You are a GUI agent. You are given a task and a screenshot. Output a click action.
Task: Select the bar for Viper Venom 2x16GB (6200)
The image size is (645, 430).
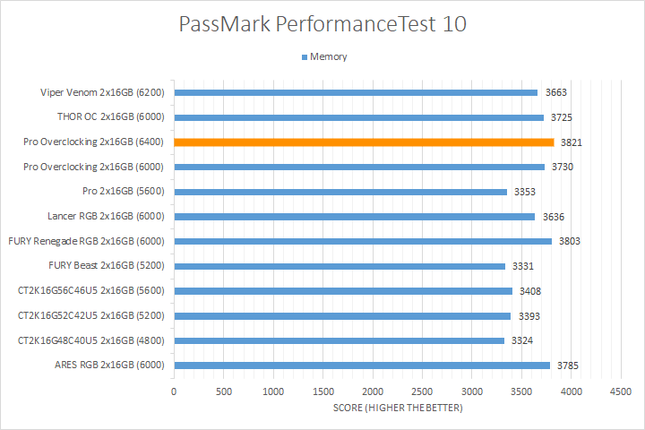(x=356, y=92)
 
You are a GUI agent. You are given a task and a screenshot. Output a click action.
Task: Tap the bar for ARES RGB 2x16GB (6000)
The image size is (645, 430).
(x=362, y=365)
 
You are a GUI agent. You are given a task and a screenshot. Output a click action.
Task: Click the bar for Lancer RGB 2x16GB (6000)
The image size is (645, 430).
(x=354, y=216)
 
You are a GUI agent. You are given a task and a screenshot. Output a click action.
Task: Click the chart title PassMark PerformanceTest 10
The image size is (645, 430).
(x=322, y=24)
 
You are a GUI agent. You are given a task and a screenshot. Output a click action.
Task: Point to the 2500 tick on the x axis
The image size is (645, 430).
(x=422, y=391)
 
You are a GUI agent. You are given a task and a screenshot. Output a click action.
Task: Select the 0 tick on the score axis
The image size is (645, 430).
(x=174, y=391)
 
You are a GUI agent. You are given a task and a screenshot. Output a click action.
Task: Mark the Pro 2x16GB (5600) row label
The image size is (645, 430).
(x=124, y=192)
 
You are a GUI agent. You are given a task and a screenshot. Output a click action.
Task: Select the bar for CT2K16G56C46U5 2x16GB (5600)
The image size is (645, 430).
(x=343, y=290)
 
